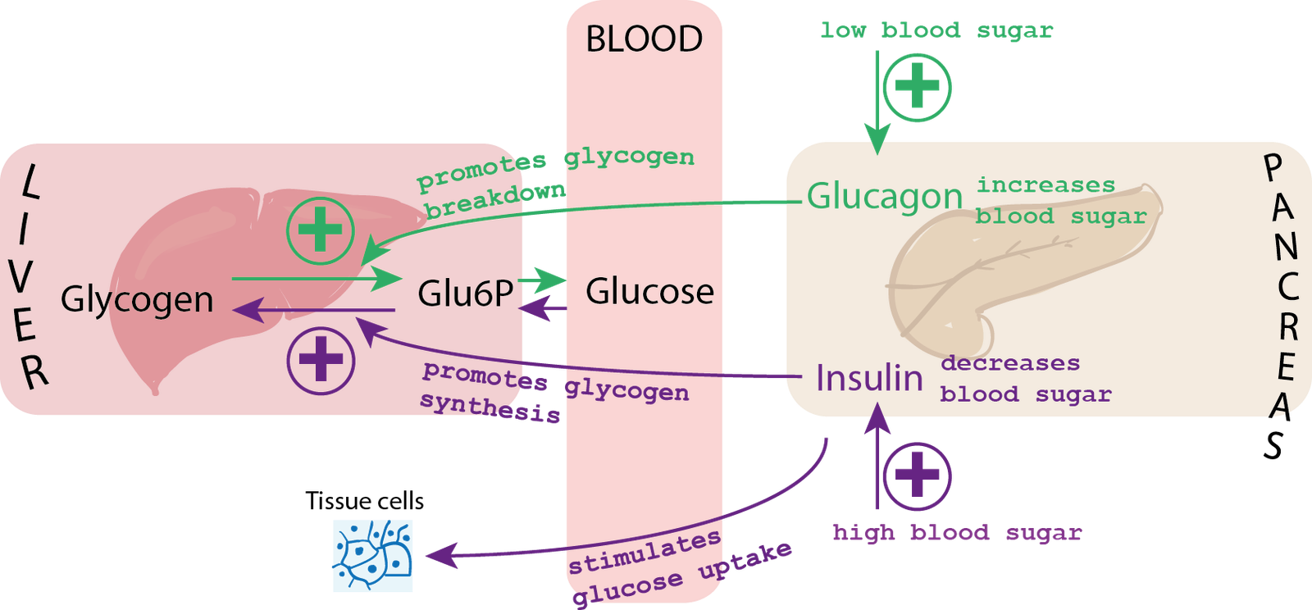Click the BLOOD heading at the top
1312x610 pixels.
click(x=644, y=39)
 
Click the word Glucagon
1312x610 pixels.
click(x=884, y=196)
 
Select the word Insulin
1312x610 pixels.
click(x=869, y=378)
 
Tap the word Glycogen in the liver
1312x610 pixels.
click(x=137, y=299)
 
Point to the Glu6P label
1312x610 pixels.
click(x=465, y=293)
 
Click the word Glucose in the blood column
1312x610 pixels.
click(x=649, y=291)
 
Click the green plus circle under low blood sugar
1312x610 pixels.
click(x=917, y=87)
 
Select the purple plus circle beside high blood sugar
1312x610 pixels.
click(x=917, y=475)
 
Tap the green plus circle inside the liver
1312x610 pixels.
click(x=321, y=230)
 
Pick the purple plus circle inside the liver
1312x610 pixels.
click(x=321, y=359)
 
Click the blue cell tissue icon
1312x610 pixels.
click(x=373, y=555)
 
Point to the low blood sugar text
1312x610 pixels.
click(x=936, y=31)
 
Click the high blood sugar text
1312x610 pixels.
click(x=957, y=533)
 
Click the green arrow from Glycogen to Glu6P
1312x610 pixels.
click(x=312, y=279)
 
